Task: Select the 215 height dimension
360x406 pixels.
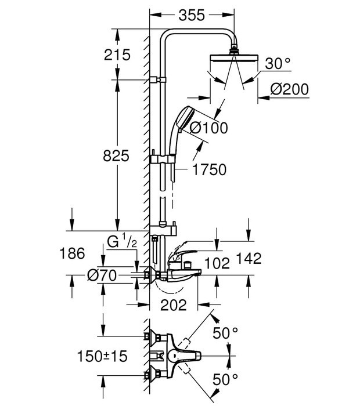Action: [x=117, y=55]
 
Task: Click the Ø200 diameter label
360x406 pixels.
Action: [x=289, y=89]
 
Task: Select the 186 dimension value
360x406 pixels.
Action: [x=73, y=253]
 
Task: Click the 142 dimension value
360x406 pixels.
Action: [x=249, y=258]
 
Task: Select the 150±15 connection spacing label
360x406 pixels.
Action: [x=103, y=356]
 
